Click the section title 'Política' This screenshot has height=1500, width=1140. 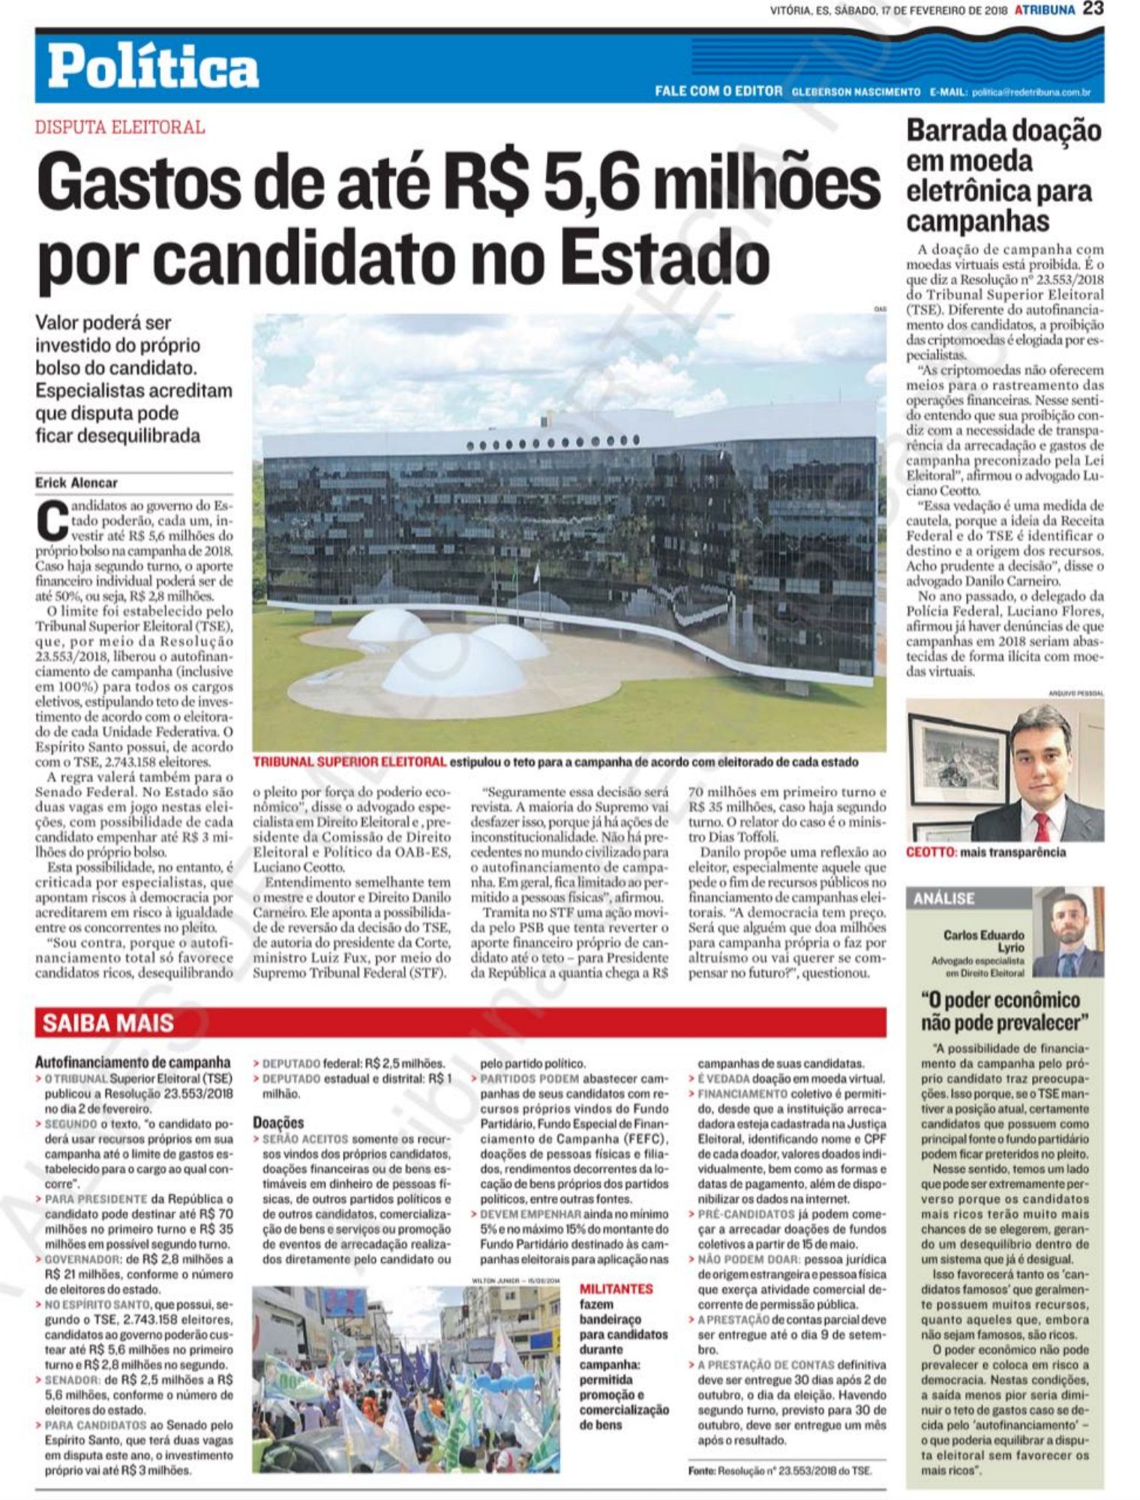(154, 68)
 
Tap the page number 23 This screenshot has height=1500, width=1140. (1093, 10)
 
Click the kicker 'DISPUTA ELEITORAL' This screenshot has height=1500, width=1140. (120, 127)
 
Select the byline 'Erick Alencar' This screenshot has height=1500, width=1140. (76, 483)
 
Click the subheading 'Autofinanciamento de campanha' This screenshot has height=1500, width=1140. (133, 1062)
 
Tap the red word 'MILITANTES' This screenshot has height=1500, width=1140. (616, 1288)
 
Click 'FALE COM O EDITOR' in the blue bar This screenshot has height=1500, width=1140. (718, 91)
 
